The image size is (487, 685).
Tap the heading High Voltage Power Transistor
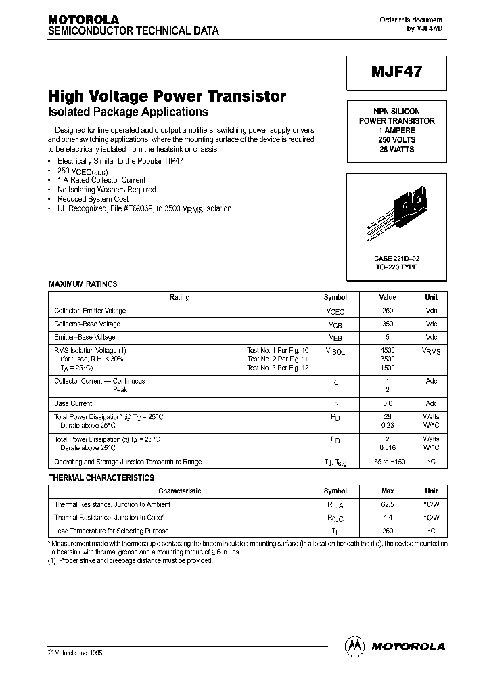pyautogui.click(x=167, y=96)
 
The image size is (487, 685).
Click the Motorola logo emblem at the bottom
pyautogui.click(x=354, y=646)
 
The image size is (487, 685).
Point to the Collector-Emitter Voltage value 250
pyautogui.click(x=388, y=311)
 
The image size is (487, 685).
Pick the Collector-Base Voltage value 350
pyautogui.click(x=388, y=324)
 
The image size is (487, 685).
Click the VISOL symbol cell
pyautogui.click(x=335, y=351)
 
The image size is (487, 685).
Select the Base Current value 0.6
pyautogui.click(x=388, y=403)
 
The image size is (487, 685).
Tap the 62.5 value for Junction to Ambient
pyautogui.click(x=388, y=504)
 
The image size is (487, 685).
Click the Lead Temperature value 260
pyautogui.click(x=388, y=531)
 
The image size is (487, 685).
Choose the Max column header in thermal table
pyautogui.click(x=388, y=491)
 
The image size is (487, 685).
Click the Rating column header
pyautogui.click(x=180, y=297)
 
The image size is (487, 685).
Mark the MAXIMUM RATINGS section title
pyautogui.click(x=83, y=284)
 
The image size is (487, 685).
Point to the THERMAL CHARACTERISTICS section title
pyautogui.click(x=101, y=478)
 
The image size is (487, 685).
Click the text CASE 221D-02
pyautogui.click(x=396, y=259)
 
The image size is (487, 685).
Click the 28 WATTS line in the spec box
pyautogui.click(x=396, y=149)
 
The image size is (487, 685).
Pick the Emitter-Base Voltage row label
pyautogui.click(x=85, y=337)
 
